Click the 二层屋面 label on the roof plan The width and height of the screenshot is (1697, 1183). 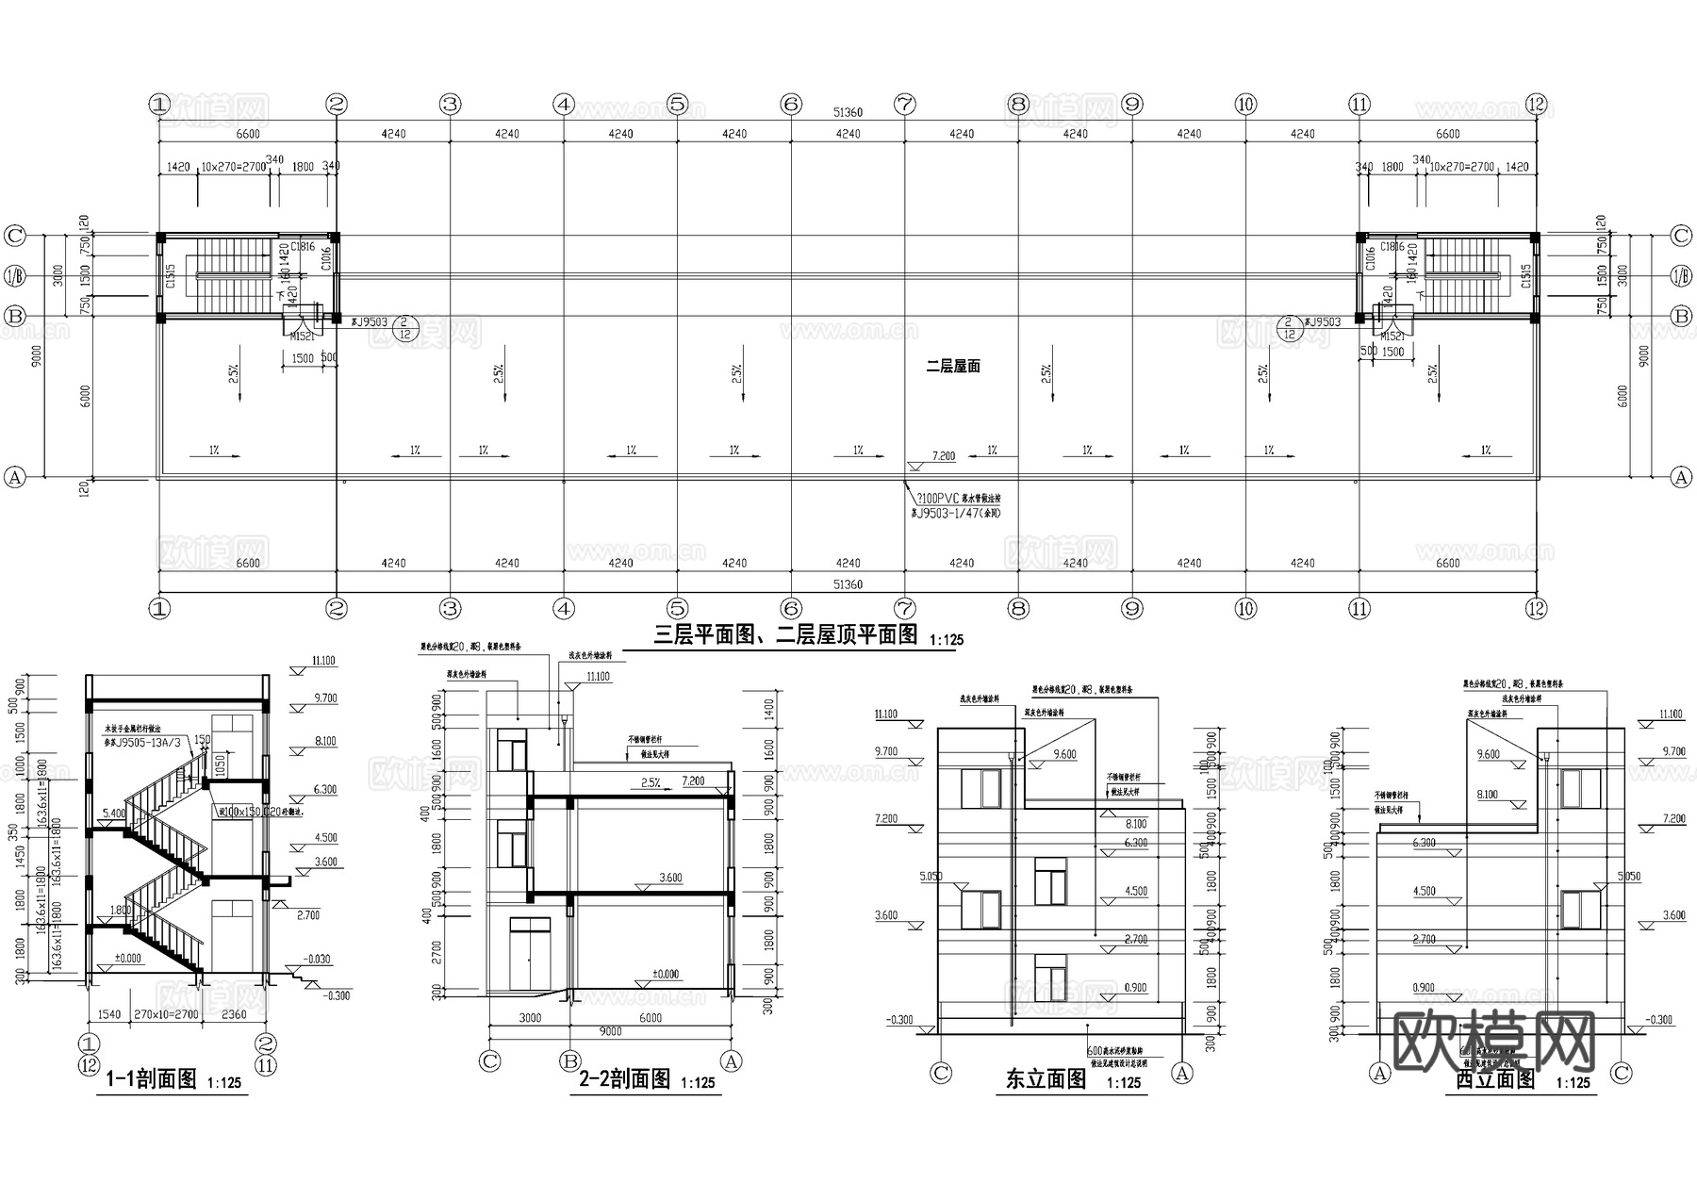pos(952,366)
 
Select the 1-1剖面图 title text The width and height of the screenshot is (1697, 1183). pos(151,1079)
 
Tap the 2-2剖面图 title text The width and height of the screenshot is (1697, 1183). pos(623,1079)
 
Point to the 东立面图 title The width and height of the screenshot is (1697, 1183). pos(1046,1079)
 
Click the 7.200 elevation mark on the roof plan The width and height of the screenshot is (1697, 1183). pos(943,456)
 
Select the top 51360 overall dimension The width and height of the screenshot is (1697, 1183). pos(848,112)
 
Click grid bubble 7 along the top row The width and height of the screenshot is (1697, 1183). pos(904,105)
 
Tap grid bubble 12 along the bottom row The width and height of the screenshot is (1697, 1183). pos(1536,609)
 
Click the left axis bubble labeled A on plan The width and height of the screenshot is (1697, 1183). pos(14,477)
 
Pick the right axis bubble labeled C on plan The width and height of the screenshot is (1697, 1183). pos(1681,236)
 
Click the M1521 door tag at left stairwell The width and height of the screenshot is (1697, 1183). pos(302,336)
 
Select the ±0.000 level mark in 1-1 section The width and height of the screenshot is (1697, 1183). pos(127,959)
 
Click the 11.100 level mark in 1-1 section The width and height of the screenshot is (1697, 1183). pos(322,662)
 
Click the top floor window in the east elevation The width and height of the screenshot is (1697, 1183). pos(980,789)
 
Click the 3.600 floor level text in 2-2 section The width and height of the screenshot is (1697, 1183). pos(669,878)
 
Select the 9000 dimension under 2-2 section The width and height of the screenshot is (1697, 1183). pos(610,1031)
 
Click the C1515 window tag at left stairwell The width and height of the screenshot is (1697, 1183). pos(171,276)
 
